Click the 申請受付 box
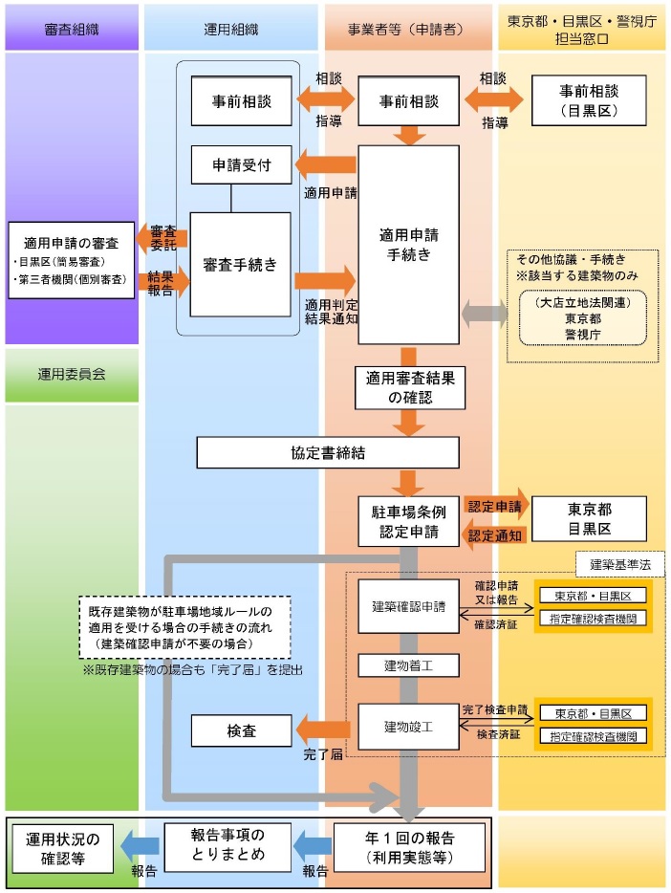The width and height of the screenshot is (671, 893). (242, 165)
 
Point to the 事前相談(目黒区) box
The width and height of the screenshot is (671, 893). (589, 100)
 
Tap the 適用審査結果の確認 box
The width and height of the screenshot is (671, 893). (408, 385)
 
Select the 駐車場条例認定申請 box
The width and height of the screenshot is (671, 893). (408, 520)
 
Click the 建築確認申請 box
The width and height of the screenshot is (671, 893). (408, 606)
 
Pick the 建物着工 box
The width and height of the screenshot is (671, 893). (408, 664)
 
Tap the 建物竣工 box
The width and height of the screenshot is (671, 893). (408, 726)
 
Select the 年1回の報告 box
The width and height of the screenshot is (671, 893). (408, 846)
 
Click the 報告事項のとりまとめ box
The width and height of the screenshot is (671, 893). (227, 846)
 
